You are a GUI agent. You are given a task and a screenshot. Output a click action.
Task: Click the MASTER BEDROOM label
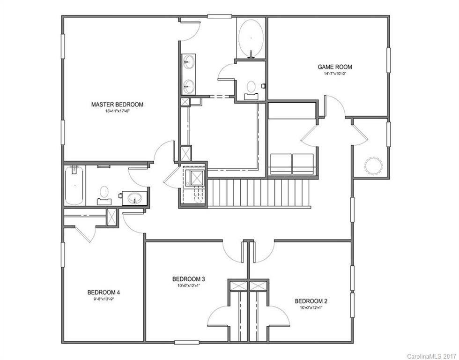[117, 105]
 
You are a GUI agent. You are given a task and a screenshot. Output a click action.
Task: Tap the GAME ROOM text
[334, 67]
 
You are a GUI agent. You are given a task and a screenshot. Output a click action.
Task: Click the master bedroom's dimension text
[117, 111]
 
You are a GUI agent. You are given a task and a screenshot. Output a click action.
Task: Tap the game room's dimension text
[334, 74]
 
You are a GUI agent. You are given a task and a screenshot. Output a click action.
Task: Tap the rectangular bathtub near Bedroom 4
[74, 185]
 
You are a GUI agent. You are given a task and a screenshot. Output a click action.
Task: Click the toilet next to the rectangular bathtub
[104, 193]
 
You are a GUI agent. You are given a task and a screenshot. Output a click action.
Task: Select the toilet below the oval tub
[252, 88]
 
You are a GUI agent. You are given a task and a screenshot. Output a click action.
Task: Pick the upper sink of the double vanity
[189, 61]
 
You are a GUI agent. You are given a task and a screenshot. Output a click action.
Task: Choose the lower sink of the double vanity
[189, 86]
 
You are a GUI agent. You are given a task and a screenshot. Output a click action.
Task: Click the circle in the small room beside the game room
[374, 165]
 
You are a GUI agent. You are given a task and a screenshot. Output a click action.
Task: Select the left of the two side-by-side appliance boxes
[281, 164]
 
